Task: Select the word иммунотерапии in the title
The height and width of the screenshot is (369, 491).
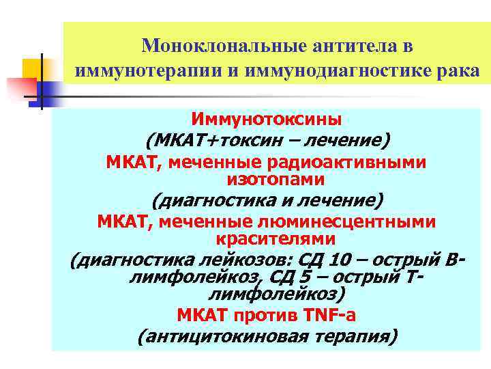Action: click(136, 71)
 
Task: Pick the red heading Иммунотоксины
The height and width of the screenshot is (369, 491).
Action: click(267, 120)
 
